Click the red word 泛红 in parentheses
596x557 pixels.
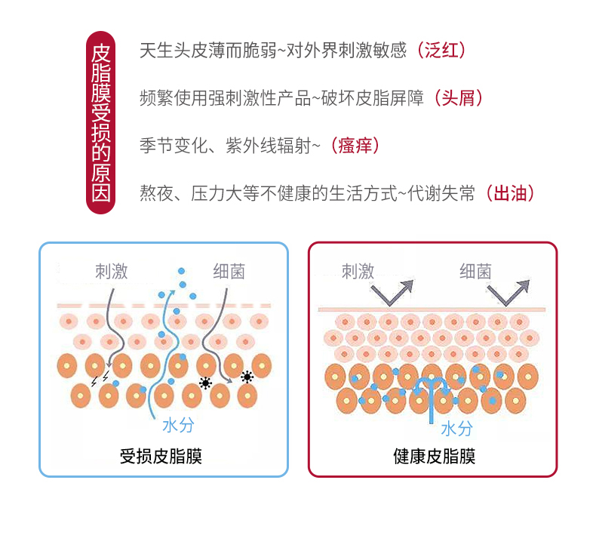[x=441, y=51]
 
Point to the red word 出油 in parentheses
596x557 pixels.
[x=511, y=193]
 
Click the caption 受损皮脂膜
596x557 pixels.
[x=161, y=456]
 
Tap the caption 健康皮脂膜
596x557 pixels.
[x=434, y=456]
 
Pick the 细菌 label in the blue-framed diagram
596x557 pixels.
[x=229, y=272]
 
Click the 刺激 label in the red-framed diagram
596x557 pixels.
[x=358, y=272]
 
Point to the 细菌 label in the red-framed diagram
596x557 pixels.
[x=475, y=272]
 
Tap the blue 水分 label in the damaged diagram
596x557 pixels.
[x=178, y=425]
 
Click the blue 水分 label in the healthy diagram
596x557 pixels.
[x=456, y=429]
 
